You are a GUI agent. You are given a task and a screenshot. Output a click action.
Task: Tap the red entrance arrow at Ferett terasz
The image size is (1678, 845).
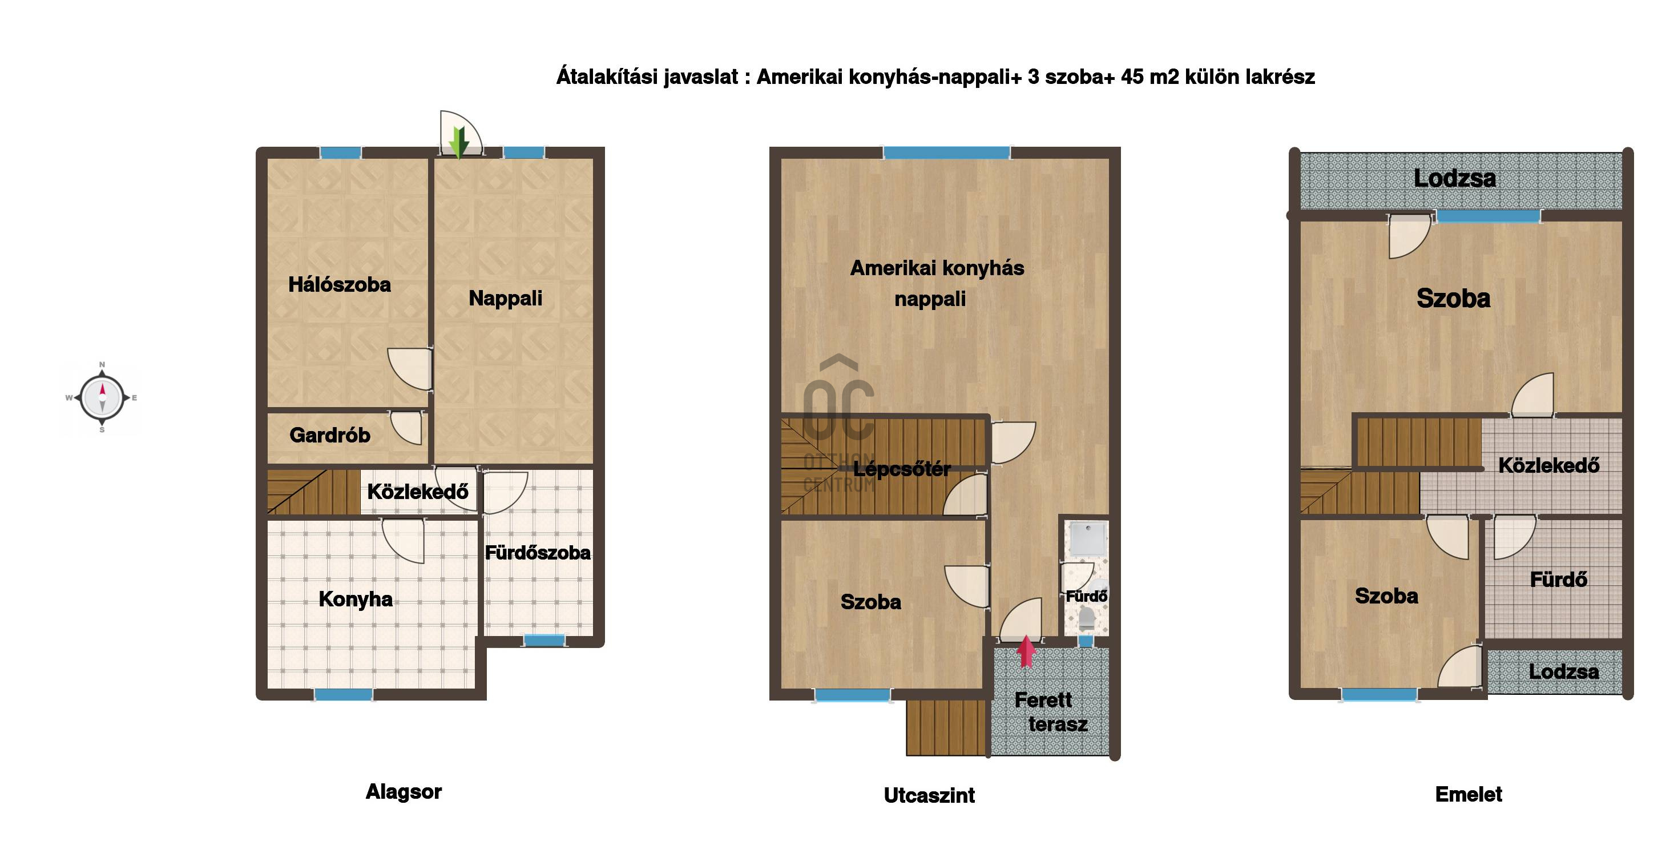[x=1026, y=651]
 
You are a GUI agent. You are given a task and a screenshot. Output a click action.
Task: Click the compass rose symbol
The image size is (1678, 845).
[x=102, y=397]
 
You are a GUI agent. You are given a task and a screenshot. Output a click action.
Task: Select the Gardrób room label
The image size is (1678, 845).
[x=330, y=435]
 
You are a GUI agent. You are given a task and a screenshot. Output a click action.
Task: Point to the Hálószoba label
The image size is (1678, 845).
[x=340, y=285]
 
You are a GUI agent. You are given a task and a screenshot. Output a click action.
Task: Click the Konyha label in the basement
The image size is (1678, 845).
[x=356, y=599]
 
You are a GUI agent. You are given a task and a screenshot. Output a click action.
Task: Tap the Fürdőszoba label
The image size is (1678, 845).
[x=538, y=553]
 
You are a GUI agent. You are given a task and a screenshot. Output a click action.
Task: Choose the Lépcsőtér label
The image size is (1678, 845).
[x=902, y=469]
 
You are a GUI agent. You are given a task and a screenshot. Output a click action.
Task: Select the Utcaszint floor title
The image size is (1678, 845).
[x=930, y=795]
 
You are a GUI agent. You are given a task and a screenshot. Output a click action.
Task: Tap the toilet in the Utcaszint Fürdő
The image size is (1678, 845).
[x=1086, y=619]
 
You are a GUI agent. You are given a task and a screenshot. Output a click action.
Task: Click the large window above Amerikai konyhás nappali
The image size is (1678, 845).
[x=946, y=153]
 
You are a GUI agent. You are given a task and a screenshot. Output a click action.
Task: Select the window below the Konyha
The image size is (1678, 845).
[x=344, y=694]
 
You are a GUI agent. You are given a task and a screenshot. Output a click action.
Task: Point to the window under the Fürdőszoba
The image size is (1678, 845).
[x=544, y=641]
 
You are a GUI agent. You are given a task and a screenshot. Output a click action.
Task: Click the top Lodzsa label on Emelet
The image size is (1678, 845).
[x=1455, y=179]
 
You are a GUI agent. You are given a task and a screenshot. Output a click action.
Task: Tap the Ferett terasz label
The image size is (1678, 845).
[x=1051, y=712]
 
